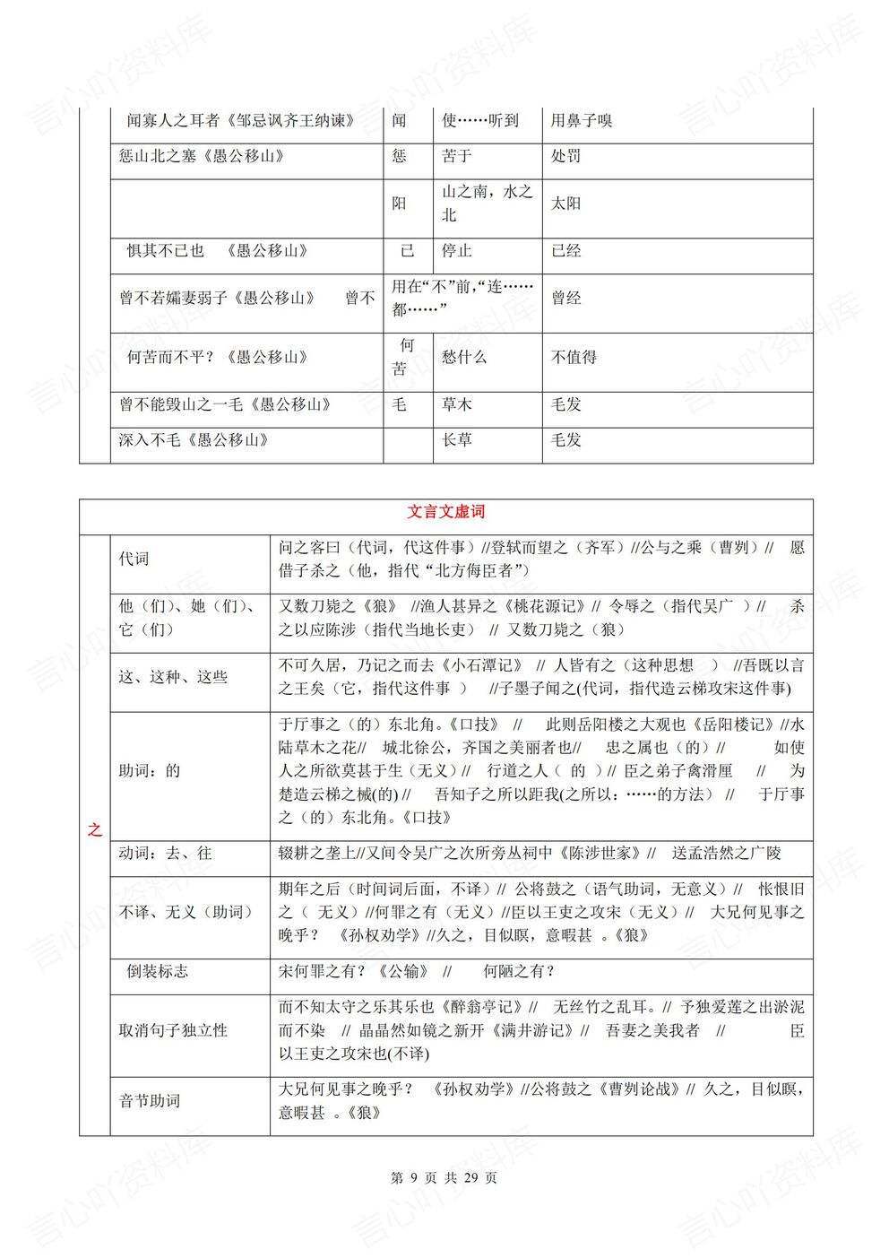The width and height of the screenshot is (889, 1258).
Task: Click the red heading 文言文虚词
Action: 445,512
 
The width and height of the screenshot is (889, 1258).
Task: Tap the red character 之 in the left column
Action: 94,829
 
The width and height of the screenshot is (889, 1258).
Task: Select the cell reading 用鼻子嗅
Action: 581,121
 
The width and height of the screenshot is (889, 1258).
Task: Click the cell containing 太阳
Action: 565,204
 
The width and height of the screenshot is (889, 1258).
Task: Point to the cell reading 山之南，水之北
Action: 487,204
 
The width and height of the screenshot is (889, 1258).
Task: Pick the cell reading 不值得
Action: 574,357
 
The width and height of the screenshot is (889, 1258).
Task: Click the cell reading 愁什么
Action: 464,357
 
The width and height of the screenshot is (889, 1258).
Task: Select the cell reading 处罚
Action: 565,156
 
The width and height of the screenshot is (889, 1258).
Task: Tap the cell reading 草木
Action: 457,404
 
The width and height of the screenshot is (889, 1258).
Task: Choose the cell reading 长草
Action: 457,440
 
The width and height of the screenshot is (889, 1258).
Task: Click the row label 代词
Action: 134,560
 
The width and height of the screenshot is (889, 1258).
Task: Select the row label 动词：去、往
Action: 165,854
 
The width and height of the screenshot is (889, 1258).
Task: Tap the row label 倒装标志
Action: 157,971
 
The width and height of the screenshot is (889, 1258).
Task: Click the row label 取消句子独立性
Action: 173,1030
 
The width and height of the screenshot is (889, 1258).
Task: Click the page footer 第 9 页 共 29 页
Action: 444,1178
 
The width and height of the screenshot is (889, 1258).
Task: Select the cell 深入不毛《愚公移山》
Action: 194,440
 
